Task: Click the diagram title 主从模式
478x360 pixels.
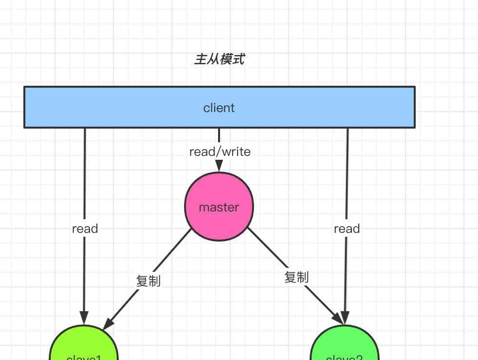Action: tap(219, 59)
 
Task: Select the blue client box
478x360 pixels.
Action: tap(219, 108)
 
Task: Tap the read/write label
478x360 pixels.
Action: tap(220, 152)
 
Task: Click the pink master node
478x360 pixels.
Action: tap(219, 207)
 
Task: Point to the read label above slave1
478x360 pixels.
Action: tap(85, 229)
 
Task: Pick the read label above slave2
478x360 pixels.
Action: tap(347, 229)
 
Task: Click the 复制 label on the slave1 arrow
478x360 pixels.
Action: tap(148, 281)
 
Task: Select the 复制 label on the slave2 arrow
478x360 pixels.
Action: tap(296, 277)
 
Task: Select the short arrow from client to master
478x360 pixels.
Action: tap(219, 136)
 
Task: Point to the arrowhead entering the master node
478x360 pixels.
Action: tap(219, 167)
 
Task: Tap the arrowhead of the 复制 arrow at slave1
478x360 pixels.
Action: tap(108, 324)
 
